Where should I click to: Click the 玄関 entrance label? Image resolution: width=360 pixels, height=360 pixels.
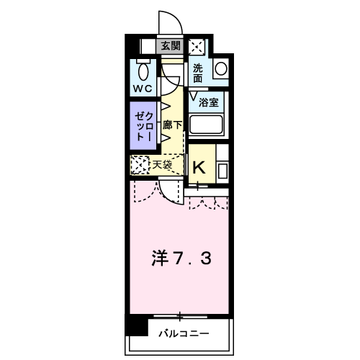[171, 47]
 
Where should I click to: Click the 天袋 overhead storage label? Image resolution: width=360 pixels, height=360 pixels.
[162, 165]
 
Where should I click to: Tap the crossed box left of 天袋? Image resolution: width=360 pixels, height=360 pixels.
[140, 165]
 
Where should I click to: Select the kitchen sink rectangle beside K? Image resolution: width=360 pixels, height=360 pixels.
[222, 171]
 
